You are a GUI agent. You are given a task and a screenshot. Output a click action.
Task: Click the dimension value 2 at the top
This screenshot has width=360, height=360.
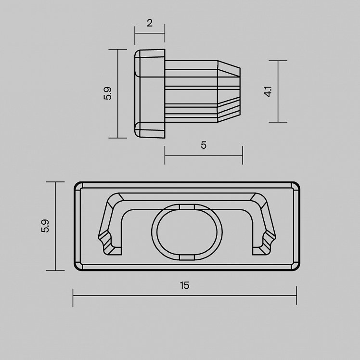(150, 23)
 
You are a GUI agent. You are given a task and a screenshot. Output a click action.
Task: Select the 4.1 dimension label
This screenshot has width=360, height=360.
(268, 91)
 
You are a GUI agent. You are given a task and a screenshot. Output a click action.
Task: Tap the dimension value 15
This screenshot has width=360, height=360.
(185, 285)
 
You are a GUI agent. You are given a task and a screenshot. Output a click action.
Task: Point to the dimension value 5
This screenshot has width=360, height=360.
(204, 145)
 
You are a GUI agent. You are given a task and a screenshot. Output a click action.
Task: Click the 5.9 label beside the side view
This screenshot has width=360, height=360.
(107, 93)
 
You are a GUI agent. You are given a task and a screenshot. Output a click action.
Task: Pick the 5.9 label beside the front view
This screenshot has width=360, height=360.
(45, 226)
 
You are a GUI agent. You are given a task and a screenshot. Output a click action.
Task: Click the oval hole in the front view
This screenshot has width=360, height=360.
(187, 232)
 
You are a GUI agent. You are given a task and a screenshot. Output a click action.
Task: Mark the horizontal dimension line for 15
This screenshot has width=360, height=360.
(185, 296)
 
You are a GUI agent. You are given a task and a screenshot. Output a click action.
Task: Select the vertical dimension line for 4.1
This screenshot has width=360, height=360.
(278, 91)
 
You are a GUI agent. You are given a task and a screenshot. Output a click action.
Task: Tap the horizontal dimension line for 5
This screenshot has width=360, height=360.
(204, 155)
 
